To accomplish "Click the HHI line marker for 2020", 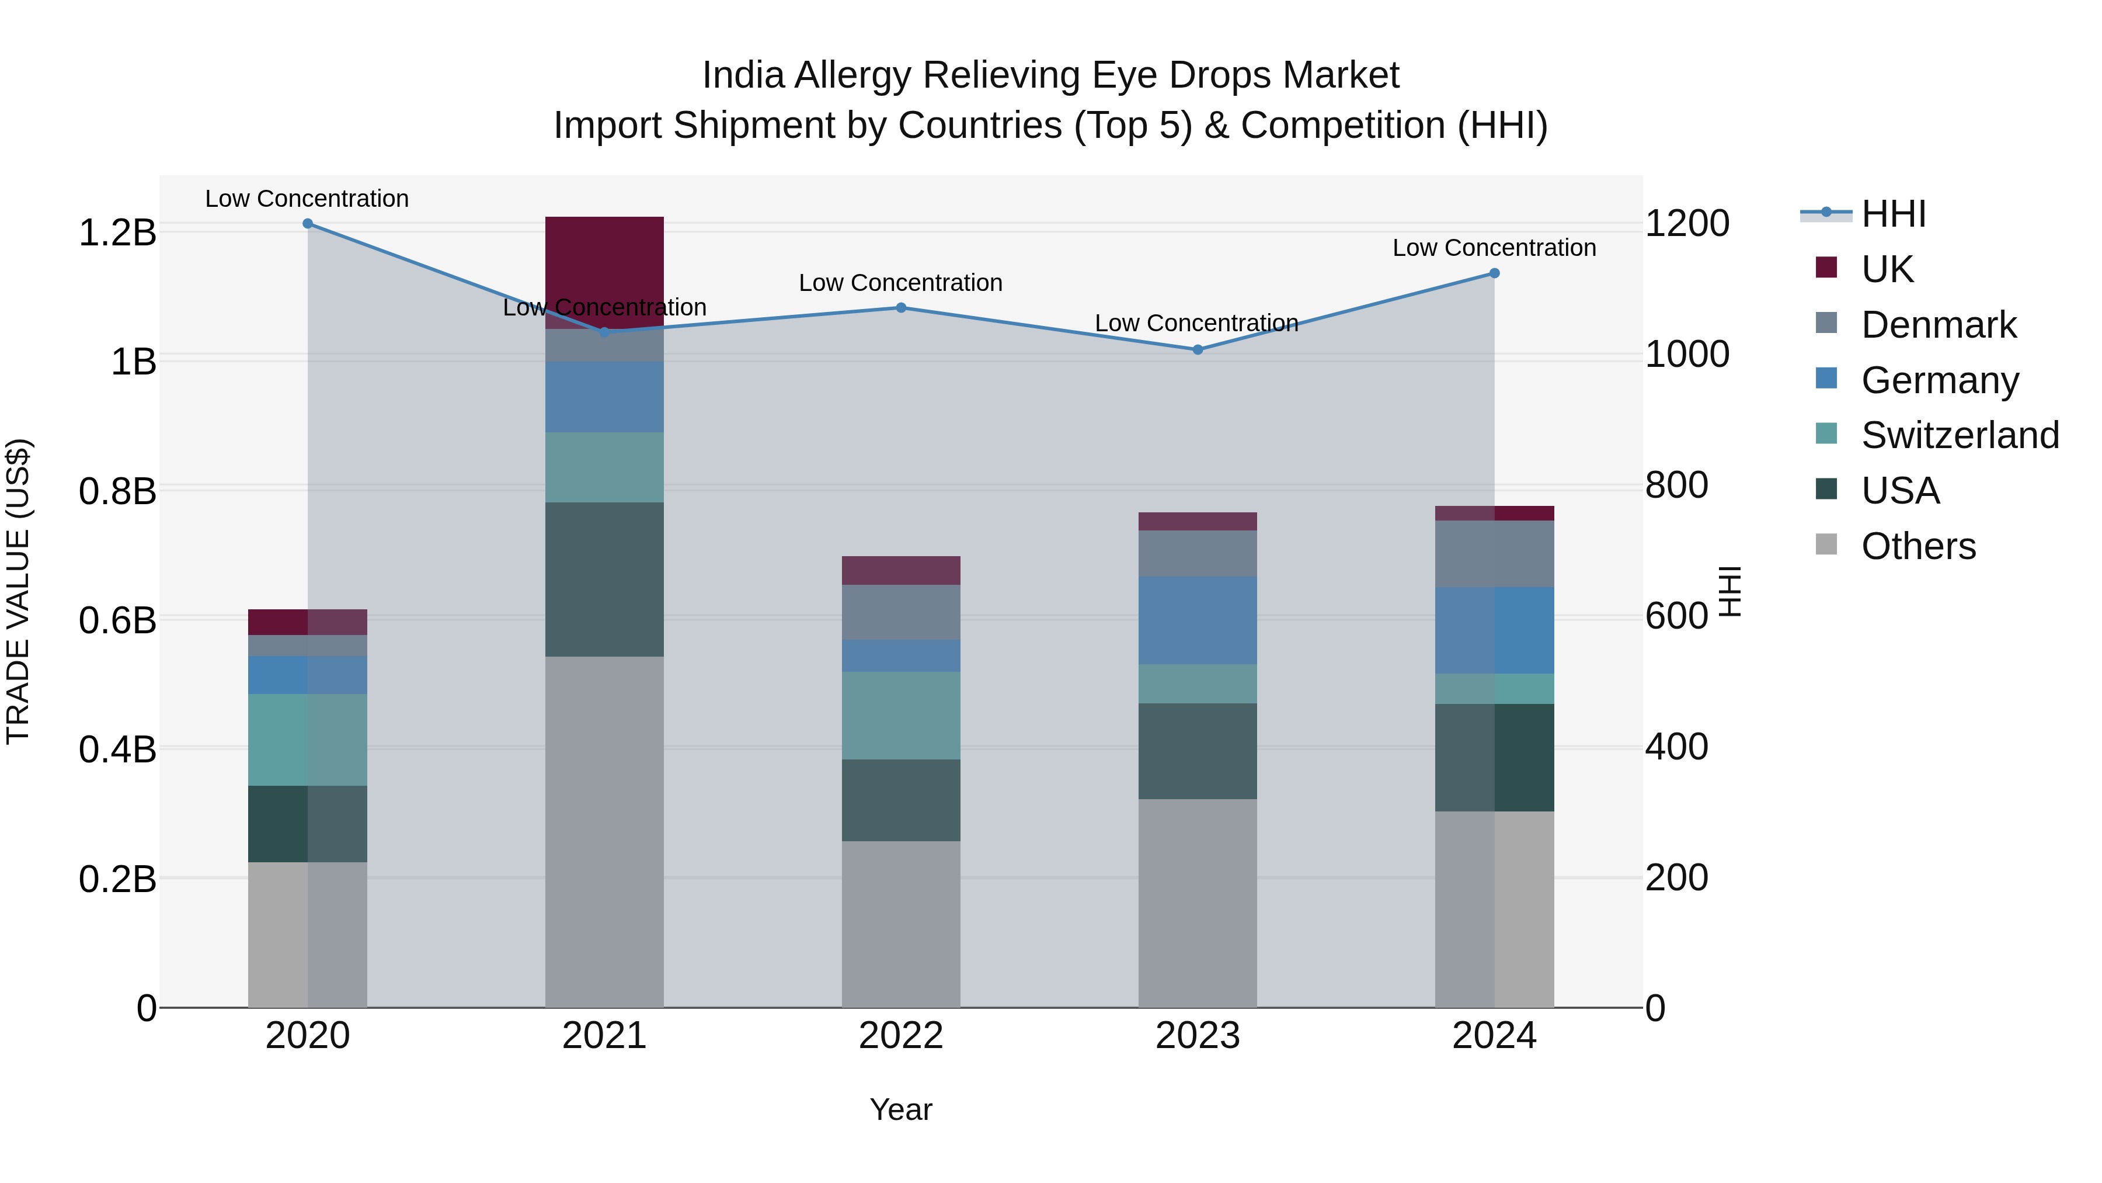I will tap(308, 224).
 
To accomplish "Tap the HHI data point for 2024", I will tap(1494, 273).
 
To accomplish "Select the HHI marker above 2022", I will tap(901, 308).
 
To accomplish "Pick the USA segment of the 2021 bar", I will tap(604, 579).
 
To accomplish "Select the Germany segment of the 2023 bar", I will tap(1197, 620).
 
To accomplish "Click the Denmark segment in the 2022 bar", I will tap(901, 612).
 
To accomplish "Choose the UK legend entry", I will tap(1887, 269).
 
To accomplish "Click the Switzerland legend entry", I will tap(1959, 435).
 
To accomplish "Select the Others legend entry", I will tap(1917, 546).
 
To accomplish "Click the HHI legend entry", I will tap(1893, 214).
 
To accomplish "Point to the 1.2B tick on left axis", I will tap(117, 233).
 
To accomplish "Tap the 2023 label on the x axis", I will tap(1197, 1036).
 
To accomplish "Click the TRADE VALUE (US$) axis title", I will tap(18, 591).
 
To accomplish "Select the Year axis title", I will tap(901, 1109).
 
